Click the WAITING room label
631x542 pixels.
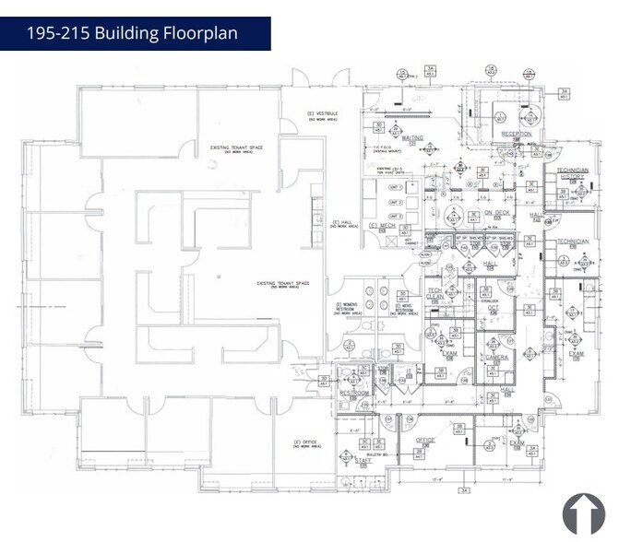point(411,138)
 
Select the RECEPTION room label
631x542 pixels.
point(517,134)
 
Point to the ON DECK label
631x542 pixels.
point(496,213)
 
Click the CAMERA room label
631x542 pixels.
point(496,358)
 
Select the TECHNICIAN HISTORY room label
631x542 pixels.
point(572,173)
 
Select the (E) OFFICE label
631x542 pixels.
point(304,443)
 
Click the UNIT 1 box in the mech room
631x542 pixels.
point(395,186)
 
